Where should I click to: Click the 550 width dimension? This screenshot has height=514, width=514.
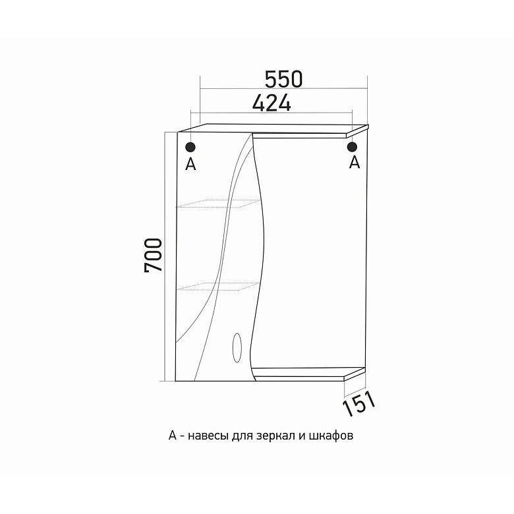pyautogui.click(x=283, y=80)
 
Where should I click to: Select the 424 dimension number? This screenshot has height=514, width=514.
pyautogui.click(x=271, y=103)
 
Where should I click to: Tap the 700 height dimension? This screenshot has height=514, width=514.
pyautogui.click(x=153, y=255)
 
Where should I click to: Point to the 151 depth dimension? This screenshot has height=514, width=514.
pyautogui.click(x=358, y=404)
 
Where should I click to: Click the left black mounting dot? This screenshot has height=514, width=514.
pyautogui.click(x=190, y=147)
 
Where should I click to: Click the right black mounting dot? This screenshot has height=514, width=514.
pyautogui.click(x=352, y=147)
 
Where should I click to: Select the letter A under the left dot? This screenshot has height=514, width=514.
pyautogui.click(x=190, y=164)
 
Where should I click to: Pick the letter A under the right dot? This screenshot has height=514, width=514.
pyautogui.click(x=355, y=162)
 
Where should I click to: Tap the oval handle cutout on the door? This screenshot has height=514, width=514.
pyautogui.click(x=237, y=348)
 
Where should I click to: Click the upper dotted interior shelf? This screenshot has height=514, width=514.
pyautogui.click(x=219, y=203)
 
